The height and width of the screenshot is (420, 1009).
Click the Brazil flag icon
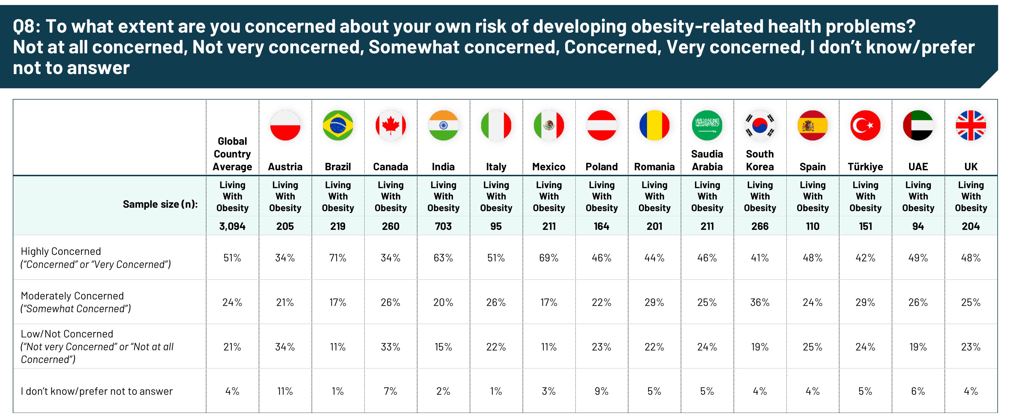click(x=338, y=125)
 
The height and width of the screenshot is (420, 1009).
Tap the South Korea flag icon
click(x=760, y=125)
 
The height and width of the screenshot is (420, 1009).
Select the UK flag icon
click(x=971, y=125)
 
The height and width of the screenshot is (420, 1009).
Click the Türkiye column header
click(x=865, y=167)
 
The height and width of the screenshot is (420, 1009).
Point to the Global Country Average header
click(x=232, y=154)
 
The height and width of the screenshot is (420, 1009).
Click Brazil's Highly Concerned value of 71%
click(x=338, y=258)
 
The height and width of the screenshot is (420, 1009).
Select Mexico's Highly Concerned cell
click(x=549, y=258)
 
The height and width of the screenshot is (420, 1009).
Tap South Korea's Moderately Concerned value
click(x=760, y=303)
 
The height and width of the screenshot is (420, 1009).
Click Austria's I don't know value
click(x=285, y=391)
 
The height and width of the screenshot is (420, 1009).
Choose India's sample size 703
click(x=443, y=226)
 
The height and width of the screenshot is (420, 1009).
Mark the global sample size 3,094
click(x=232, y=226)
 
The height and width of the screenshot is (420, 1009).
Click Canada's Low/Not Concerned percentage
click(x=390, y=347)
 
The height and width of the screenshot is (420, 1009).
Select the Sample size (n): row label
click(x=160, y=204)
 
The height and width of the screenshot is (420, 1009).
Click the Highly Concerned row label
click(x=96, y=258)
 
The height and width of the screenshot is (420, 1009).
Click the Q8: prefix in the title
click(x=26, y=27)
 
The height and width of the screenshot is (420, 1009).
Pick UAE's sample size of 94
click(x=918, y=226)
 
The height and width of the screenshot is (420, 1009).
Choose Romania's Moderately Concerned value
click(x=654, y=303)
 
